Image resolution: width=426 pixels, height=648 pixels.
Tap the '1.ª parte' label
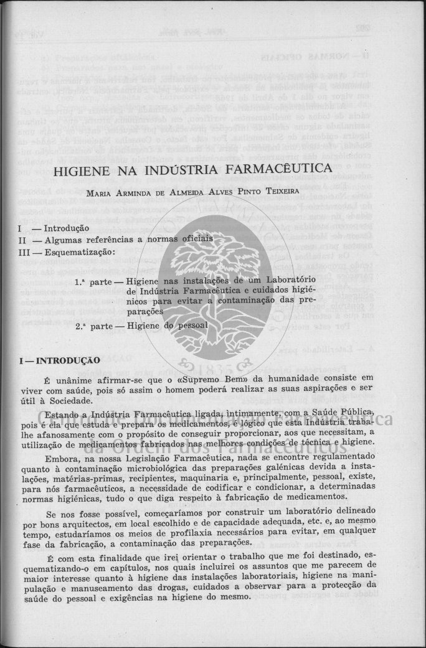point(92,281)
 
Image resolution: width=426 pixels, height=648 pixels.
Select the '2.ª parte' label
point(92,325)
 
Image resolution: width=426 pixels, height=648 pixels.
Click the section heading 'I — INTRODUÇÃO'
point(59,360)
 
